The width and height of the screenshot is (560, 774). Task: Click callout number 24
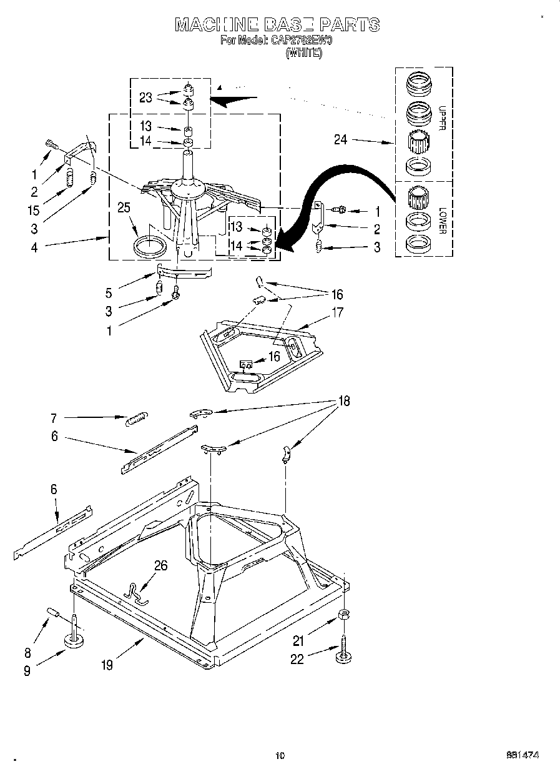coord(340,140)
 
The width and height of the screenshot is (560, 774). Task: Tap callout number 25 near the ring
coord(124,207)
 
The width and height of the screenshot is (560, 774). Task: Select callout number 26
coord(160,565)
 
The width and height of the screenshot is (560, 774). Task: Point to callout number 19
coord(107,665)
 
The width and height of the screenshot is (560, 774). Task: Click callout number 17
coord(338,312)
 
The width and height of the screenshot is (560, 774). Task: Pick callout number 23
coord(145,97)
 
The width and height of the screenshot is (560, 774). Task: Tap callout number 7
coord(54,418)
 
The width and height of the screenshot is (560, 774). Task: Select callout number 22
coord(297,658)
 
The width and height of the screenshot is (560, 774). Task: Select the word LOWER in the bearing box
coord(442,220)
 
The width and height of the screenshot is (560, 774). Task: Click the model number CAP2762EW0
coord(302,40)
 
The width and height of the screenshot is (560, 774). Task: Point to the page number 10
coord(280,756)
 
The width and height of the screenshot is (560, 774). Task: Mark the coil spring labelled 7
coord(137,420)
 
